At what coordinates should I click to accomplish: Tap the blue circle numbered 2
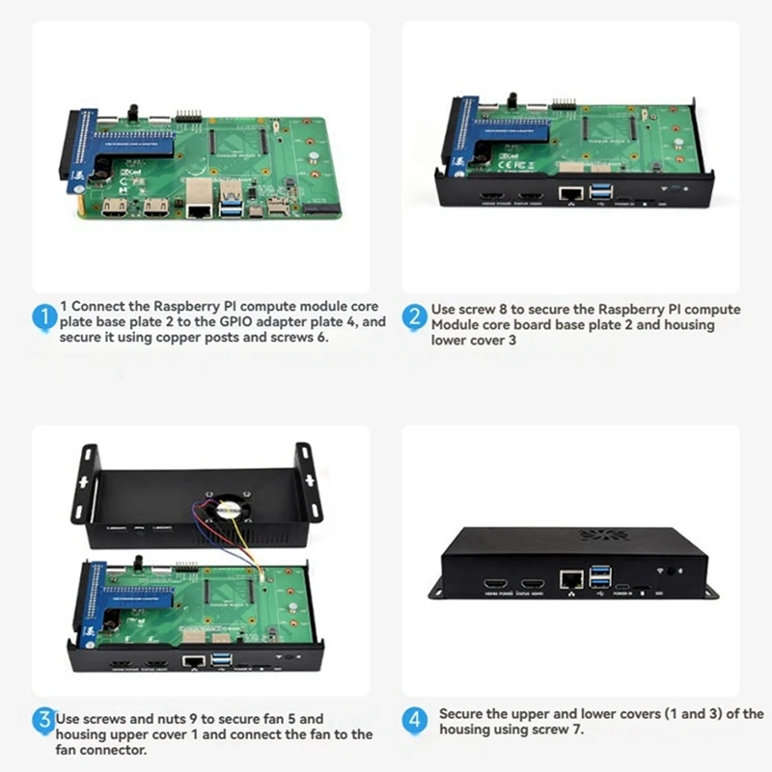[414, 317]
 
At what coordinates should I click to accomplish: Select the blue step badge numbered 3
[43, 719]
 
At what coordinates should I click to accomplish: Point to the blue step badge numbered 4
[414, 720]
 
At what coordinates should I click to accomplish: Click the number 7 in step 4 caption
[580, 731]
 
